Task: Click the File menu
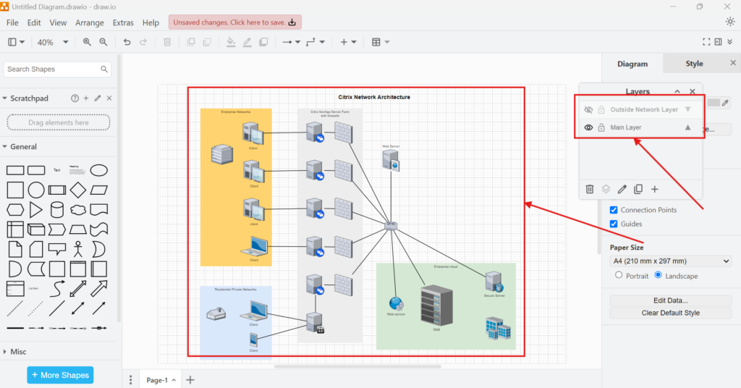pyautogui.click(x=12, y=22)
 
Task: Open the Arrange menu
pyautogui.click(x=90, y=22)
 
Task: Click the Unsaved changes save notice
pyautogui.click(x=235, y=22)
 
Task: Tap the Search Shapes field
pyautogui.click(x=52, y=69)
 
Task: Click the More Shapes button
pyautogui.click(x=60, y=375)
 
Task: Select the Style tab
pyautogui.click(x=694, y=64)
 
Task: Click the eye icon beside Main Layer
pyautogui.click(x=589, y=127)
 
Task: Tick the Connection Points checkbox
pyautogui.click(x=614, y=210)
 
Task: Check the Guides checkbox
pyautogui.click(x=614, y=224)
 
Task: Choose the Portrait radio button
pyautogui.click(x=619, y=276)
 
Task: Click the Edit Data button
pyautogui.click(x=670, y=300)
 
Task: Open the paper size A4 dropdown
pyautogui.click(x=670, y=261)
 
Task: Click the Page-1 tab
pyautogui.click(x=157, y=380)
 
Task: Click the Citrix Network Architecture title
pyautogui.click(x=374, y=97)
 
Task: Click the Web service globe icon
pyautogui.click(x=395, y=303)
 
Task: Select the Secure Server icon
pyautogui.click(x=494, y=282)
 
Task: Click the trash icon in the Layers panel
pyautogui.click(x=590, y=189)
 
